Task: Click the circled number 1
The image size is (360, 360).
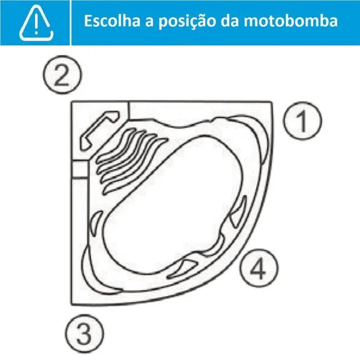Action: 302,121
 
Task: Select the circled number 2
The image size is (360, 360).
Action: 62,74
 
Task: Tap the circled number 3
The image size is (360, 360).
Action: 85,334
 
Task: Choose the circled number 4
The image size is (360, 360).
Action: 259,268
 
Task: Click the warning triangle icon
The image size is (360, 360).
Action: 36,23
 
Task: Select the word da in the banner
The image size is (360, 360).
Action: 230,20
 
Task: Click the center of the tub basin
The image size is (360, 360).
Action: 173,205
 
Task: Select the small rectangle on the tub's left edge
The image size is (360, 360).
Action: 80,169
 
